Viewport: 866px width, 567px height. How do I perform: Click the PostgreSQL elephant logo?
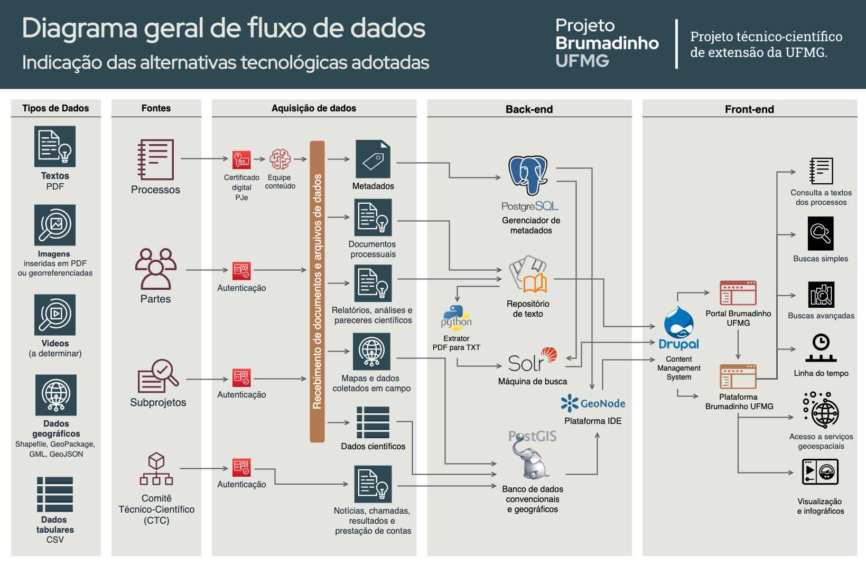[528, 175]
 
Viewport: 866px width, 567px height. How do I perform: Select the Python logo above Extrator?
[456, 317]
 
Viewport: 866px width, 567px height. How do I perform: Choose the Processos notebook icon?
[156, 159]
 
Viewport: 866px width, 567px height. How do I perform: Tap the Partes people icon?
[155, 269]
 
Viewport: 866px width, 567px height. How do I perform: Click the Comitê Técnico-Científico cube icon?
[156, 469]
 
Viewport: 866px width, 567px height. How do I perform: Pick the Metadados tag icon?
[373, 159]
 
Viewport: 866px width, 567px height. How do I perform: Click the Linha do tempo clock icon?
[821, 348]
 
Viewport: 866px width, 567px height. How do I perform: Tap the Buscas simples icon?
[821, 233]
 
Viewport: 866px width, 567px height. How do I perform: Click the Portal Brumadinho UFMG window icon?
[738, 293]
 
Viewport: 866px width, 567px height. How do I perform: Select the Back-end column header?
[529, 109]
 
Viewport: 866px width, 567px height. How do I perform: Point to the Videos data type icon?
[55, 315]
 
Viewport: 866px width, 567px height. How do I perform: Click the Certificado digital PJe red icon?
[241, 159]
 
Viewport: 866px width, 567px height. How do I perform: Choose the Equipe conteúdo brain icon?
[280, 159]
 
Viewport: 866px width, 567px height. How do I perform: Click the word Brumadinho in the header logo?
[607, 43]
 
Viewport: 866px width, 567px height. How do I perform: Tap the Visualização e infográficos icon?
[820, 472]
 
